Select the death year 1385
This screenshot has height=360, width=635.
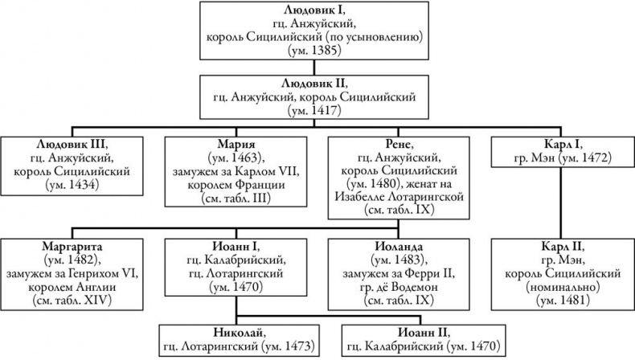coord(325,50)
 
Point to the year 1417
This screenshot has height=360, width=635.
coord(325,110)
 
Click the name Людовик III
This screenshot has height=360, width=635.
coord(72,143)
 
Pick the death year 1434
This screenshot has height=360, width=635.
coord(82,185)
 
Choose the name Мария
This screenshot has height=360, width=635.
coord(236,144)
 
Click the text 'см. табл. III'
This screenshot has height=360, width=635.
coord(236,198)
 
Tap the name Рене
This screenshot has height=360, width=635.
coord(399,144)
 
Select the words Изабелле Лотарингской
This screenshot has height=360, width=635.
coord(399,197)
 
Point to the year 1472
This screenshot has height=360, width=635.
coord(594,158)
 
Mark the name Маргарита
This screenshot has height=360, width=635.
coord(72,246)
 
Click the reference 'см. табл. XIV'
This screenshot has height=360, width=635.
coord(72,300)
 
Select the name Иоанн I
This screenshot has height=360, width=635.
coord(236,246)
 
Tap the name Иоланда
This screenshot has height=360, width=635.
coord(399,246)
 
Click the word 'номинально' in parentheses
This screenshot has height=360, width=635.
coord(563,287)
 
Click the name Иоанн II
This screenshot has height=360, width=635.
coord(424,333)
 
